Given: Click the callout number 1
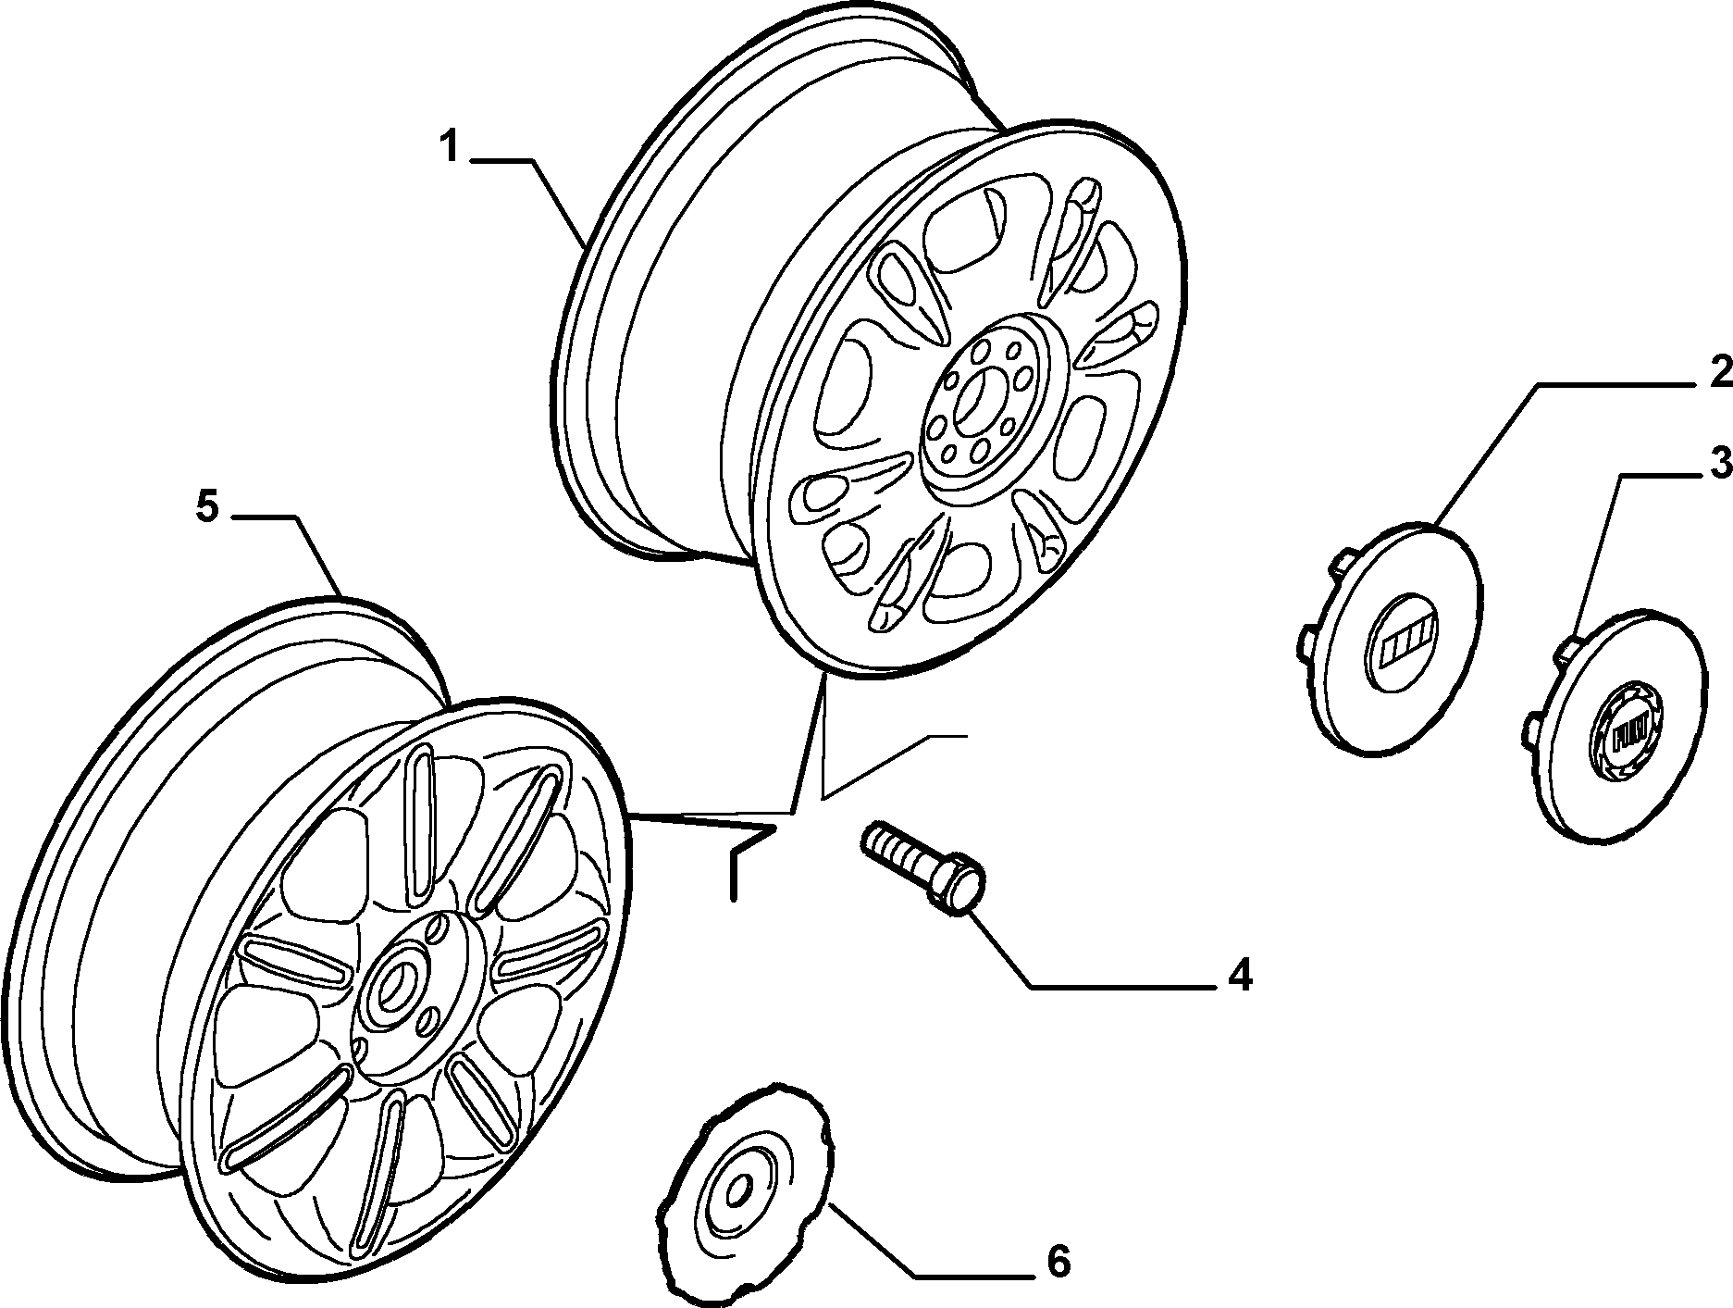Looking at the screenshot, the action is coord(450,147).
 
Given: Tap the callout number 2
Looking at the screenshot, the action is coord(1719,372).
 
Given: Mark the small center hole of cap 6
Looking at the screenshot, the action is coord(737,1193).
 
